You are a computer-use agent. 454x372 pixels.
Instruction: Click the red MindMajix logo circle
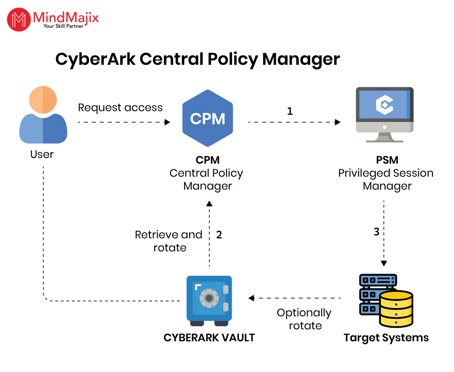point(19,19)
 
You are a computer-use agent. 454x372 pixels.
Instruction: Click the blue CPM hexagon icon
point(208,118)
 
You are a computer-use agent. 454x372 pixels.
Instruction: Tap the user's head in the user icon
point(43,100)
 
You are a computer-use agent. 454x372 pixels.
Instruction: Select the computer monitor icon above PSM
point(385,115)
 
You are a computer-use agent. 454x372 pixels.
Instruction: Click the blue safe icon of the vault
point(209,300)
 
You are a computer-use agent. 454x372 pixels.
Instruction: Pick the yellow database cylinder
point(396,309)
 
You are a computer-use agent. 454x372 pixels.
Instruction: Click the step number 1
point(290,111)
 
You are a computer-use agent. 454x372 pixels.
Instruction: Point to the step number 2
point(219,235)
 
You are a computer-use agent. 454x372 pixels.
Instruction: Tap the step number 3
point(376,232)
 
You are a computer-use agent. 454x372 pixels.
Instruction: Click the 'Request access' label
point(120,108)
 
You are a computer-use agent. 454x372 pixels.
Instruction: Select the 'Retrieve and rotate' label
point(169,241)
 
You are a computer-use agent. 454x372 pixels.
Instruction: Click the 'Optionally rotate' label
point(304,319)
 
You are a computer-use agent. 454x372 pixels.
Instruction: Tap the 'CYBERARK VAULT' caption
point(209,338)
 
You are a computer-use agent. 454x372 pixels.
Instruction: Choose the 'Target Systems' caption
point(386,338)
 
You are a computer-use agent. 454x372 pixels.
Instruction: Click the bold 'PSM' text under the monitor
point(387,160)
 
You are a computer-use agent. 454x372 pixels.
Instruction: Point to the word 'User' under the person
point(42,154)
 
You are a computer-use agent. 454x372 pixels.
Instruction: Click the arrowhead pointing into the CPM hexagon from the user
point(167,122)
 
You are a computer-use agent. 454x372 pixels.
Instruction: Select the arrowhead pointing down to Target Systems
point(384,263)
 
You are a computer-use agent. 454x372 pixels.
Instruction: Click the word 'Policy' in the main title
point(232,59)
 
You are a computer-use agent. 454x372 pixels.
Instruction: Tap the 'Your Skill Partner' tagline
point(63,26)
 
